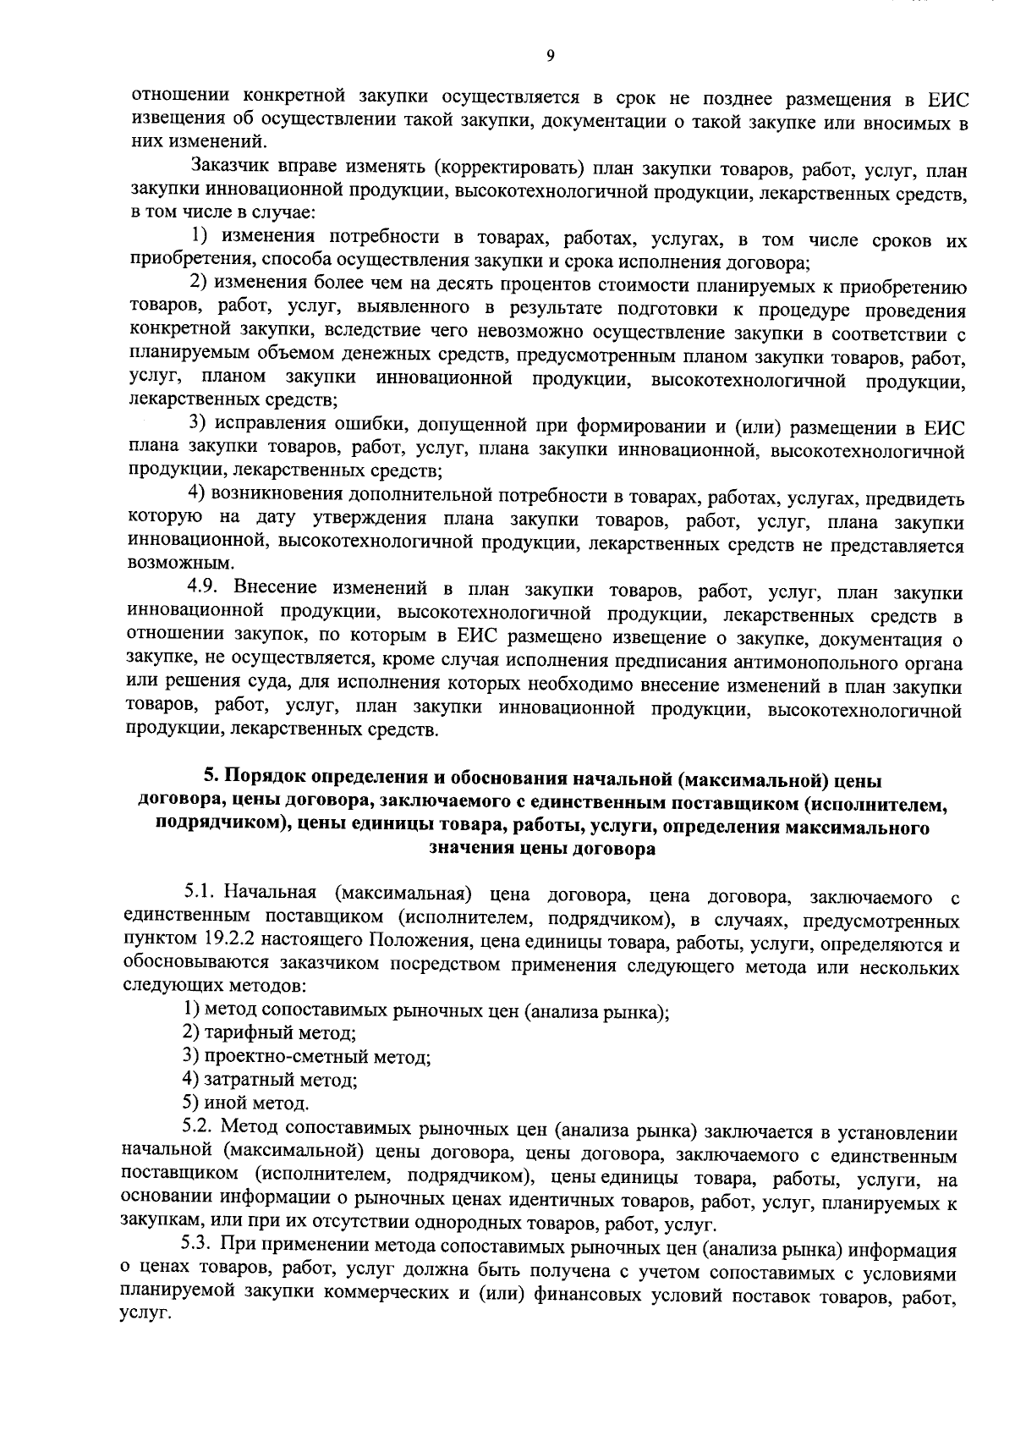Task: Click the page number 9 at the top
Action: (x=550, y=56)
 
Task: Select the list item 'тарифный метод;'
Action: (x=269, y=1032)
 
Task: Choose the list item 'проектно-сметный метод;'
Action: (x=306, y=1056)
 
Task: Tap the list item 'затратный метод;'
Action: (x=270, y=1080)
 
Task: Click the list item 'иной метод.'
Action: (x=245, y=1103)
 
